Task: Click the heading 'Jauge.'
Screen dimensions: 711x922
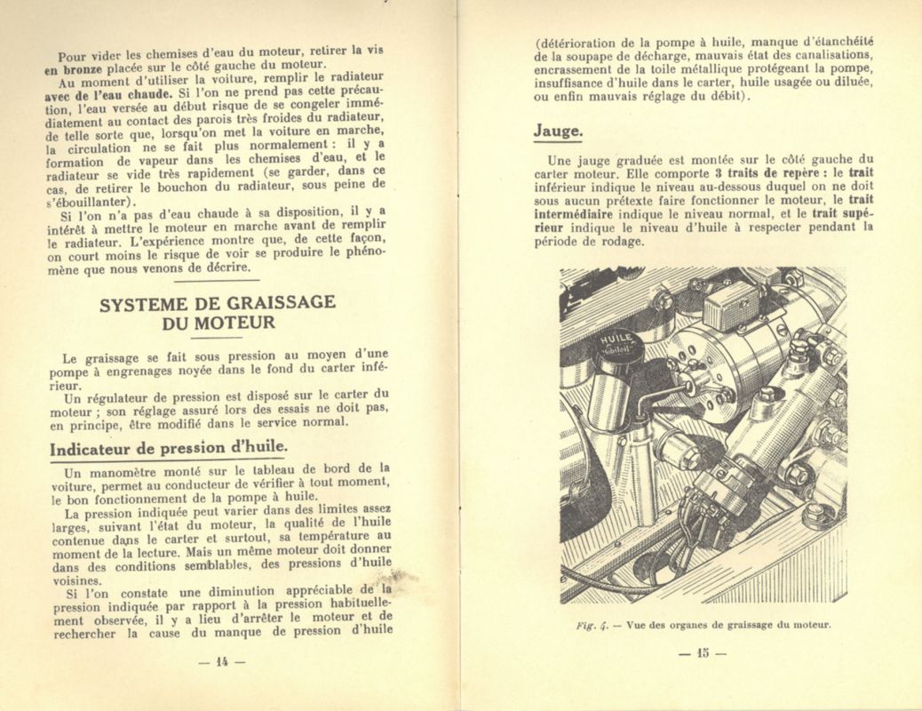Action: click(558, 131)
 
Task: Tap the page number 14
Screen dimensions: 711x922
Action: click(222, 660)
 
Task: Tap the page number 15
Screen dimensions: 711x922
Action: click(702, 654)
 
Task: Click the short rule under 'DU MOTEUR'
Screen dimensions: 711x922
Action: click(217, 337)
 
